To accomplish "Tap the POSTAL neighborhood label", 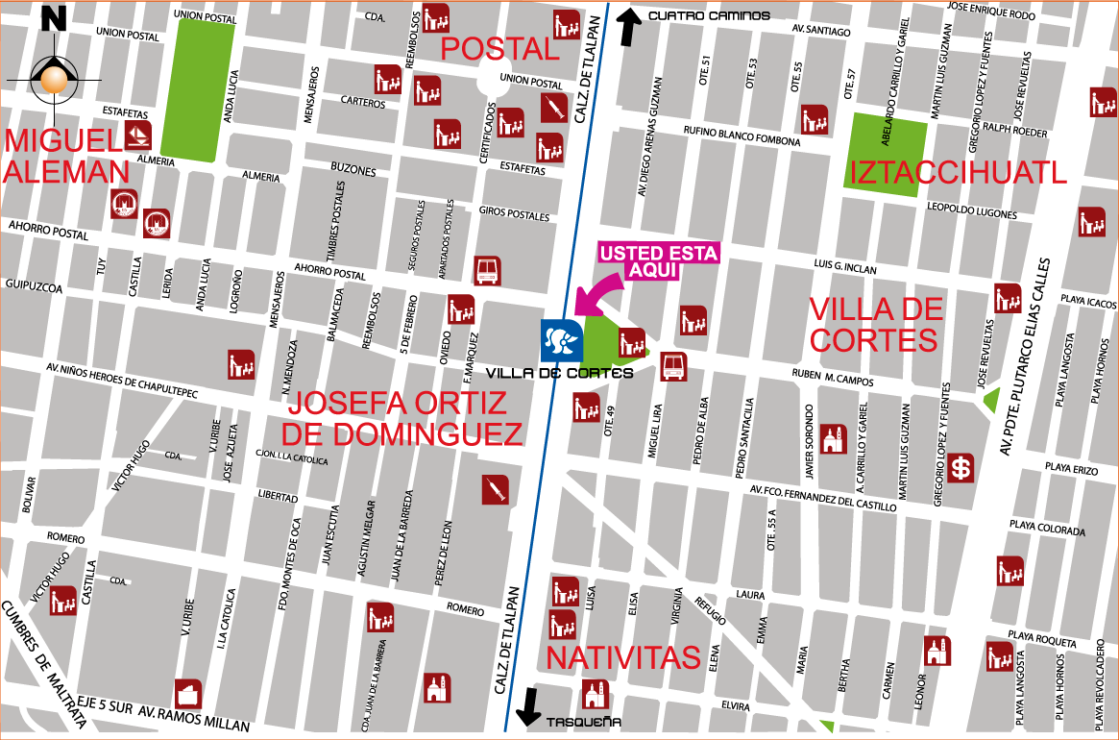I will coord(499,49).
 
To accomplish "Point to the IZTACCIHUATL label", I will coord(958,173).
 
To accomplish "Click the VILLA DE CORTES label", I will coord(875,325).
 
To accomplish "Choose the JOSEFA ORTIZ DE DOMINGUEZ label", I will coord(403,418).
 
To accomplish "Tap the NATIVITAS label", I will coord(623,658).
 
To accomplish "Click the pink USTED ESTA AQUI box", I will coord(659,261).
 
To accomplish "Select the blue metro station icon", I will coord(561,340).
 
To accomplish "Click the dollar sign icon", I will coord(960,468).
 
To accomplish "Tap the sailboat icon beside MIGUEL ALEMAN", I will coord(138,136).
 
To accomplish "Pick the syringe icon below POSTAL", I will coord(553,107).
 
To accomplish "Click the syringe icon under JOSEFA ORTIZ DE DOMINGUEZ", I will coord(496,490).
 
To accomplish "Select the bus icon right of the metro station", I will coord(673,366).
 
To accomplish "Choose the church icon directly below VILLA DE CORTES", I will coord(833,439).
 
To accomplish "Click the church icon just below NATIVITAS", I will coord(596,693).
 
